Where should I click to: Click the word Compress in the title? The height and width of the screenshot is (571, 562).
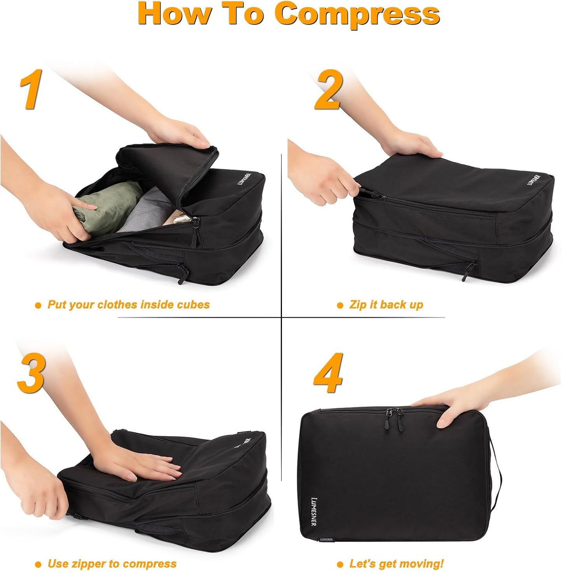click(357, 14)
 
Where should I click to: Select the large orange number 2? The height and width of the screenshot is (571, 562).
click(329, 90)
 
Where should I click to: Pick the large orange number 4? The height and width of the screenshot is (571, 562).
click(329, 373)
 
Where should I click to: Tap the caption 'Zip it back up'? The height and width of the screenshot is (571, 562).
click(386, 304)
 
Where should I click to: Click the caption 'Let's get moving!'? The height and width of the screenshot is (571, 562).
click(396, 563)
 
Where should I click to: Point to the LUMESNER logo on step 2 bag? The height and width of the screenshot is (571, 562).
click(534, 180)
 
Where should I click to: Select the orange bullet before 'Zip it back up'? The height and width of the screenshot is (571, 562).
click(340, 306)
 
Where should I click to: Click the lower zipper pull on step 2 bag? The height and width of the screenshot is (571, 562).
click(469, 270)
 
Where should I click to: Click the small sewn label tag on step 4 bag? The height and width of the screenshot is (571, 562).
click(326, 540)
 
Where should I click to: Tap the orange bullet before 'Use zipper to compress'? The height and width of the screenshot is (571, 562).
click(38, 564)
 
